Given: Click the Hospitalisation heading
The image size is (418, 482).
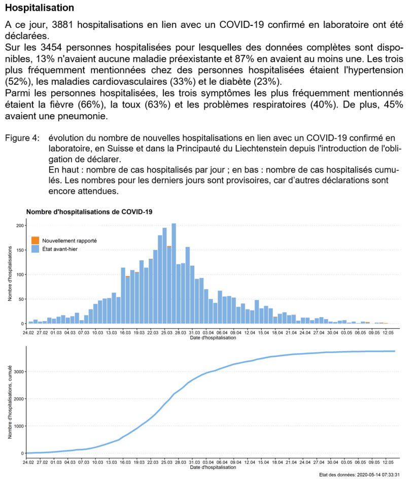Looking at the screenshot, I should coord(40,8).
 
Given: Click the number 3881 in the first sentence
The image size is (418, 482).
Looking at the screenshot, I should coord(63,24).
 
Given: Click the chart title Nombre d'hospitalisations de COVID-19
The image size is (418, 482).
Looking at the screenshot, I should coord(89,211).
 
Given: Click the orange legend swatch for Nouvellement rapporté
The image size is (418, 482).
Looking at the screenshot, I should coord(35,240).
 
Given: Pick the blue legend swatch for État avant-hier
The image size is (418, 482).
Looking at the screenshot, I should coord(35,249).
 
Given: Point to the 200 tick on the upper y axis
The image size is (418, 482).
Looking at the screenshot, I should coord(21,225).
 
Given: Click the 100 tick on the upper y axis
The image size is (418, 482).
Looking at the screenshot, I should coord(21,274).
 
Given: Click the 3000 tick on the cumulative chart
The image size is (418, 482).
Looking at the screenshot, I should coord(19,371).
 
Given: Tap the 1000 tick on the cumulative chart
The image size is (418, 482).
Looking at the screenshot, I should coord(19,426).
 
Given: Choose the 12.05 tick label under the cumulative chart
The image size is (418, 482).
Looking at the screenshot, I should coord(388,462).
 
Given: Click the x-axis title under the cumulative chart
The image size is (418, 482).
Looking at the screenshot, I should coord(213,467).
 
